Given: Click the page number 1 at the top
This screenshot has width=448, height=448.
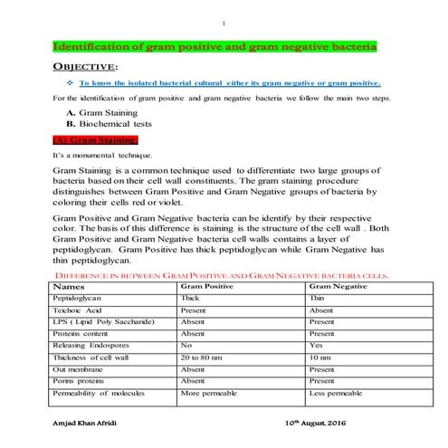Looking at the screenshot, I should coord(224,24).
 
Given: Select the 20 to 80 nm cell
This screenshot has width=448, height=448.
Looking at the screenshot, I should coord(202,357).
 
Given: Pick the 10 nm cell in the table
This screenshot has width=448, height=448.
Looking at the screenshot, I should coord(319,357).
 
